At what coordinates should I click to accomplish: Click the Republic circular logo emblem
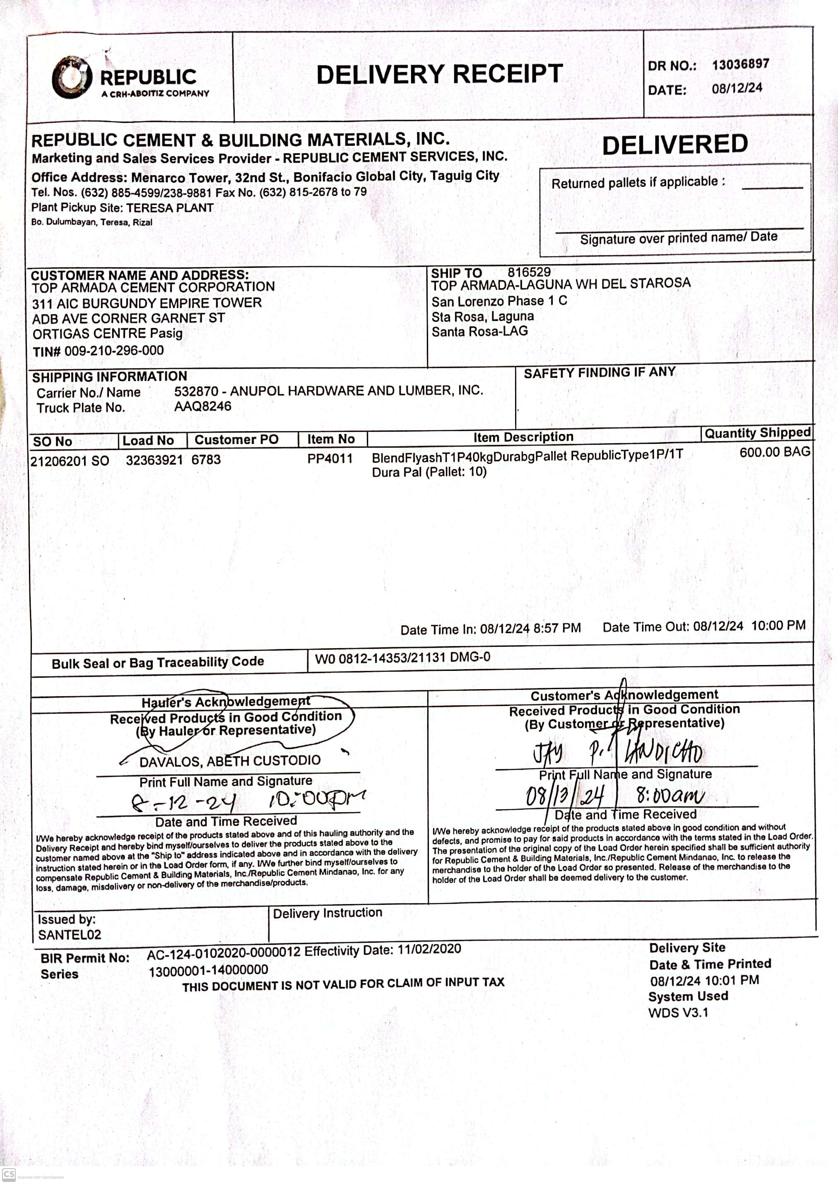click(72, 77)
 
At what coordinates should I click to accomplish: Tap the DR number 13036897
click(740, 65)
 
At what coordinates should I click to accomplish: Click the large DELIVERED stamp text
click(674, 145)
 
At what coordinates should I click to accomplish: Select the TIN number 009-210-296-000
click(113, 351)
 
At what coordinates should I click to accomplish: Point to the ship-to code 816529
click(528, 272)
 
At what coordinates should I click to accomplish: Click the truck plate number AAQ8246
click(202, 406)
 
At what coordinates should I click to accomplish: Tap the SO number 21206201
click(60, 461)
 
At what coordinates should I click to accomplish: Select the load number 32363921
click(154, 460)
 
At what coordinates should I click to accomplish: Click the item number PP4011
click(330, 458)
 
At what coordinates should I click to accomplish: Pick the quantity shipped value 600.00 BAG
click(774, 452)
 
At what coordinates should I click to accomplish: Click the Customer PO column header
click(236, 440)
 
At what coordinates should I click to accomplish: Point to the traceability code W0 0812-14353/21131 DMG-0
click(402, 658)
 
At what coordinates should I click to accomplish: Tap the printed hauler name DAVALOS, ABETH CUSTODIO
click(230, 761)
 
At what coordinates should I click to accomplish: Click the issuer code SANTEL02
click(70, 934)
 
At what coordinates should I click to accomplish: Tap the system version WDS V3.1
click(678, 1012)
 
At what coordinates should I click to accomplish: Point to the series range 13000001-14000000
click(209, 971)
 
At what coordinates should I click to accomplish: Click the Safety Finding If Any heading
click(599, 372)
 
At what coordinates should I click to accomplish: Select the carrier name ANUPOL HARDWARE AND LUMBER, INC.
click(356, 391)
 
